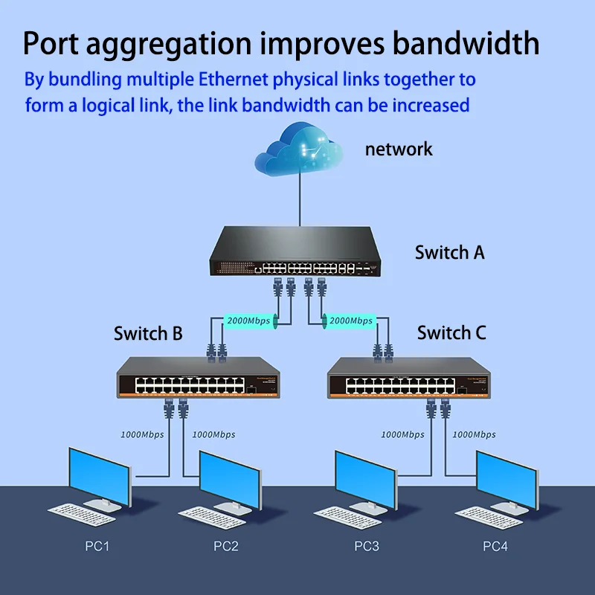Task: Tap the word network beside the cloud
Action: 399,149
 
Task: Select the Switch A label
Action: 449,252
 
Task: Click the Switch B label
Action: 148,333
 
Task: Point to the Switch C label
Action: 451,332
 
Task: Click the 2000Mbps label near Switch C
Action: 351,321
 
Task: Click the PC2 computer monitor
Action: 229,480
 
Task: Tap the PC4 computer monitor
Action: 506,480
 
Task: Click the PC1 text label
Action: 97,547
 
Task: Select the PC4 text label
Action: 495,547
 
